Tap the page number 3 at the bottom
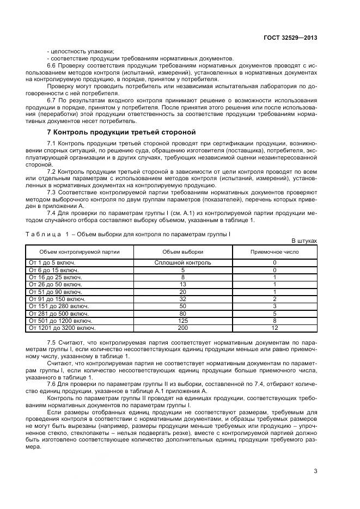(x=315, y=472)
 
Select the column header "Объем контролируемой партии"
(x=80, y=252)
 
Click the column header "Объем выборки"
(x=183, y=252)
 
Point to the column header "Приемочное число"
(x=274, y=252)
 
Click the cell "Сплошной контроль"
(x=183, y=262)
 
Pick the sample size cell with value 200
(x=183, y=328)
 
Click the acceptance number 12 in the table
(x=274, y=328)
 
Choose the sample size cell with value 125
(x=183, y=321)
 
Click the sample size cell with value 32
(x=183, y=299)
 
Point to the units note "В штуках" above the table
(x=304, y=240)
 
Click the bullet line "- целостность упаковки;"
(x=77, y=51)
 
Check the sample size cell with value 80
(x=183, y=314)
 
